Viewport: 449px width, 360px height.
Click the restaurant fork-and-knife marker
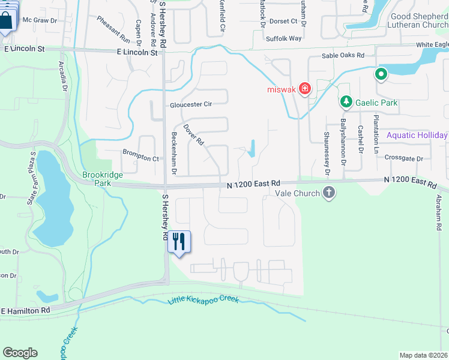(x=179, y=242)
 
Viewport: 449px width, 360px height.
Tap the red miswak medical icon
(x=305, y=89)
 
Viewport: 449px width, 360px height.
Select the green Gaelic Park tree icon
(x=346, y=103)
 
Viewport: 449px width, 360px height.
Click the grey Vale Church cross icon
(x=328, y=193)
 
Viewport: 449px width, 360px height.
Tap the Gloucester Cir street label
(x=191, y=104)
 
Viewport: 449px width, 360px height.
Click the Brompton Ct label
(x=140, y=159)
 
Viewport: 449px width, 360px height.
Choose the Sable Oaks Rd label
(x=343, y=55)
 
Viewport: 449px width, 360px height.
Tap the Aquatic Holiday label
(x=417, y=135)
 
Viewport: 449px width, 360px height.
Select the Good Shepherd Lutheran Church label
(x=418, y=21)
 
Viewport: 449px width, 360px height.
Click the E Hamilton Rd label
(x=26, y=311)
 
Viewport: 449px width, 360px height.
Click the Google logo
(x=20, y=353)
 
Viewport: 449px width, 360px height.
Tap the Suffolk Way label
(x=284, y=38)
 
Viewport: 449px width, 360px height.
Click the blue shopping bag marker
(x=7, y=19)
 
